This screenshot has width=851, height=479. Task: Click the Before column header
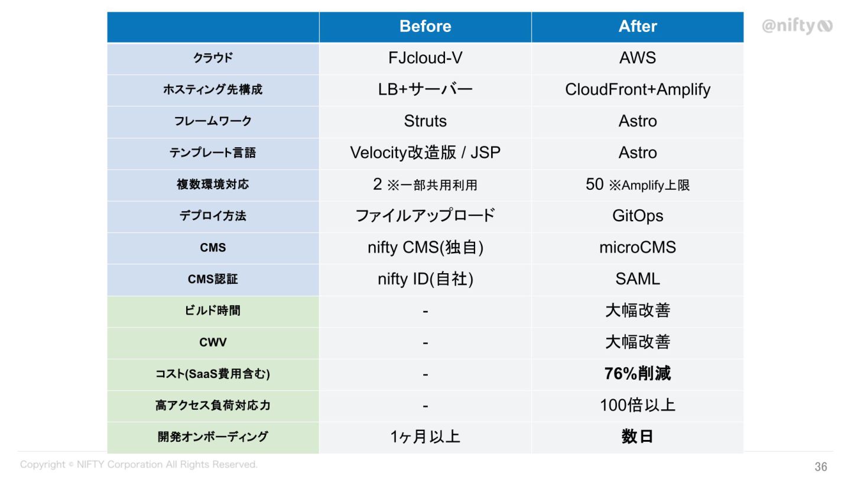[x=425, y=27]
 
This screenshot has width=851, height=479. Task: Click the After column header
[x=638, y=27]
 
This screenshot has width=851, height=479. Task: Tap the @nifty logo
[x=797, y=26]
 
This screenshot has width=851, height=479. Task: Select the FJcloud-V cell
[x=425, y=58]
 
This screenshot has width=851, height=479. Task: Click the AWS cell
[x=638, y=58]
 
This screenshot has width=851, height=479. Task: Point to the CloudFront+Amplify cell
[x=638, y=90]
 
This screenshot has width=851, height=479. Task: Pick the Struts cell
[x=425, y=121]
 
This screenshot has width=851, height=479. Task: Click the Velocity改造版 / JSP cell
[x=425, y=153]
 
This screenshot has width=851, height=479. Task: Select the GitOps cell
[x=638, y=216]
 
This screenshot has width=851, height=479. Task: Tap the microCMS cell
[x=638, y=247]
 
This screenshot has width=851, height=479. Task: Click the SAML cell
[x=638, y=279]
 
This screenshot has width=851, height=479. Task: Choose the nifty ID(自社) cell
[x=425, y=279]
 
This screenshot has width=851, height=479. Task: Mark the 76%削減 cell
[x=638, y=374]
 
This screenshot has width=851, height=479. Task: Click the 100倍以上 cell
[x=638, y=405]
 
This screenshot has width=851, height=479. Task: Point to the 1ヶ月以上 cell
[x=425, y=437]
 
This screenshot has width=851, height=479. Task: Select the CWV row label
[x=213, y=342]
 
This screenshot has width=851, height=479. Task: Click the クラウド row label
[x=213, y=58]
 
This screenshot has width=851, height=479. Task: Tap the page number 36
[x=821, y=467]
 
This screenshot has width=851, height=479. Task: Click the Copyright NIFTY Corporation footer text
[x=139, y=465]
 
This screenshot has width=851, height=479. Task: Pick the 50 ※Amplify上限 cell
[x=638, y=185]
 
